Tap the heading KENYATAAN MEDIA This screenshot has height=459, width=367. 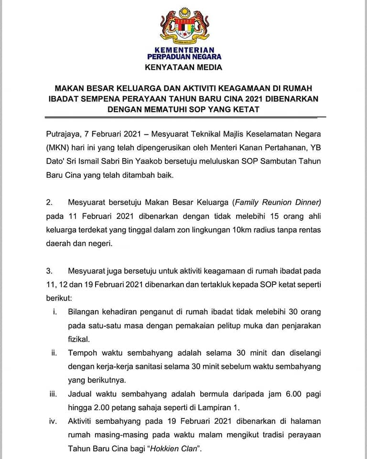(x=183, y=67)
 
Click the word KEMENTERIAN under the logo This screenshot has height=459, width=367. (x=184, y=50)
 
